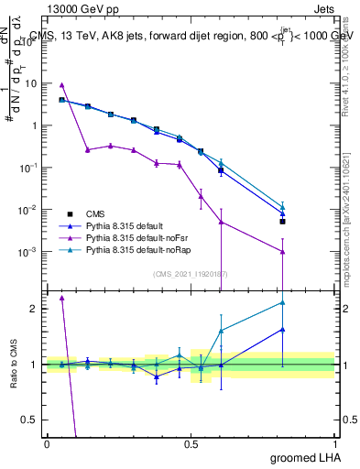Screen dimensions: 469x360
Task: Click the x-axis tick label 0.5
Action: click(191, 443)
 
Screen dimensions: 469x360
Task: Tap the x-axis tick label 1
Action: click(334, 443)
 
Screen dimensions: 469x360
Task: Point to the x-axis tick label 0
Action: click(47, 443)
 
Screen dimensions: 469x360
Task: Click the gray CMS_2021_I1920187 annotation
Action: click(191, 273)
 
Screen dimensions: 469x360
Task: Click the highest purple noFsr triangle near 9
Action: click(61, 84)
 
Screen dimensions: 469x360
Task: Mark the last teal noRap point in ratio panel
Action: click(283, 302)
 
